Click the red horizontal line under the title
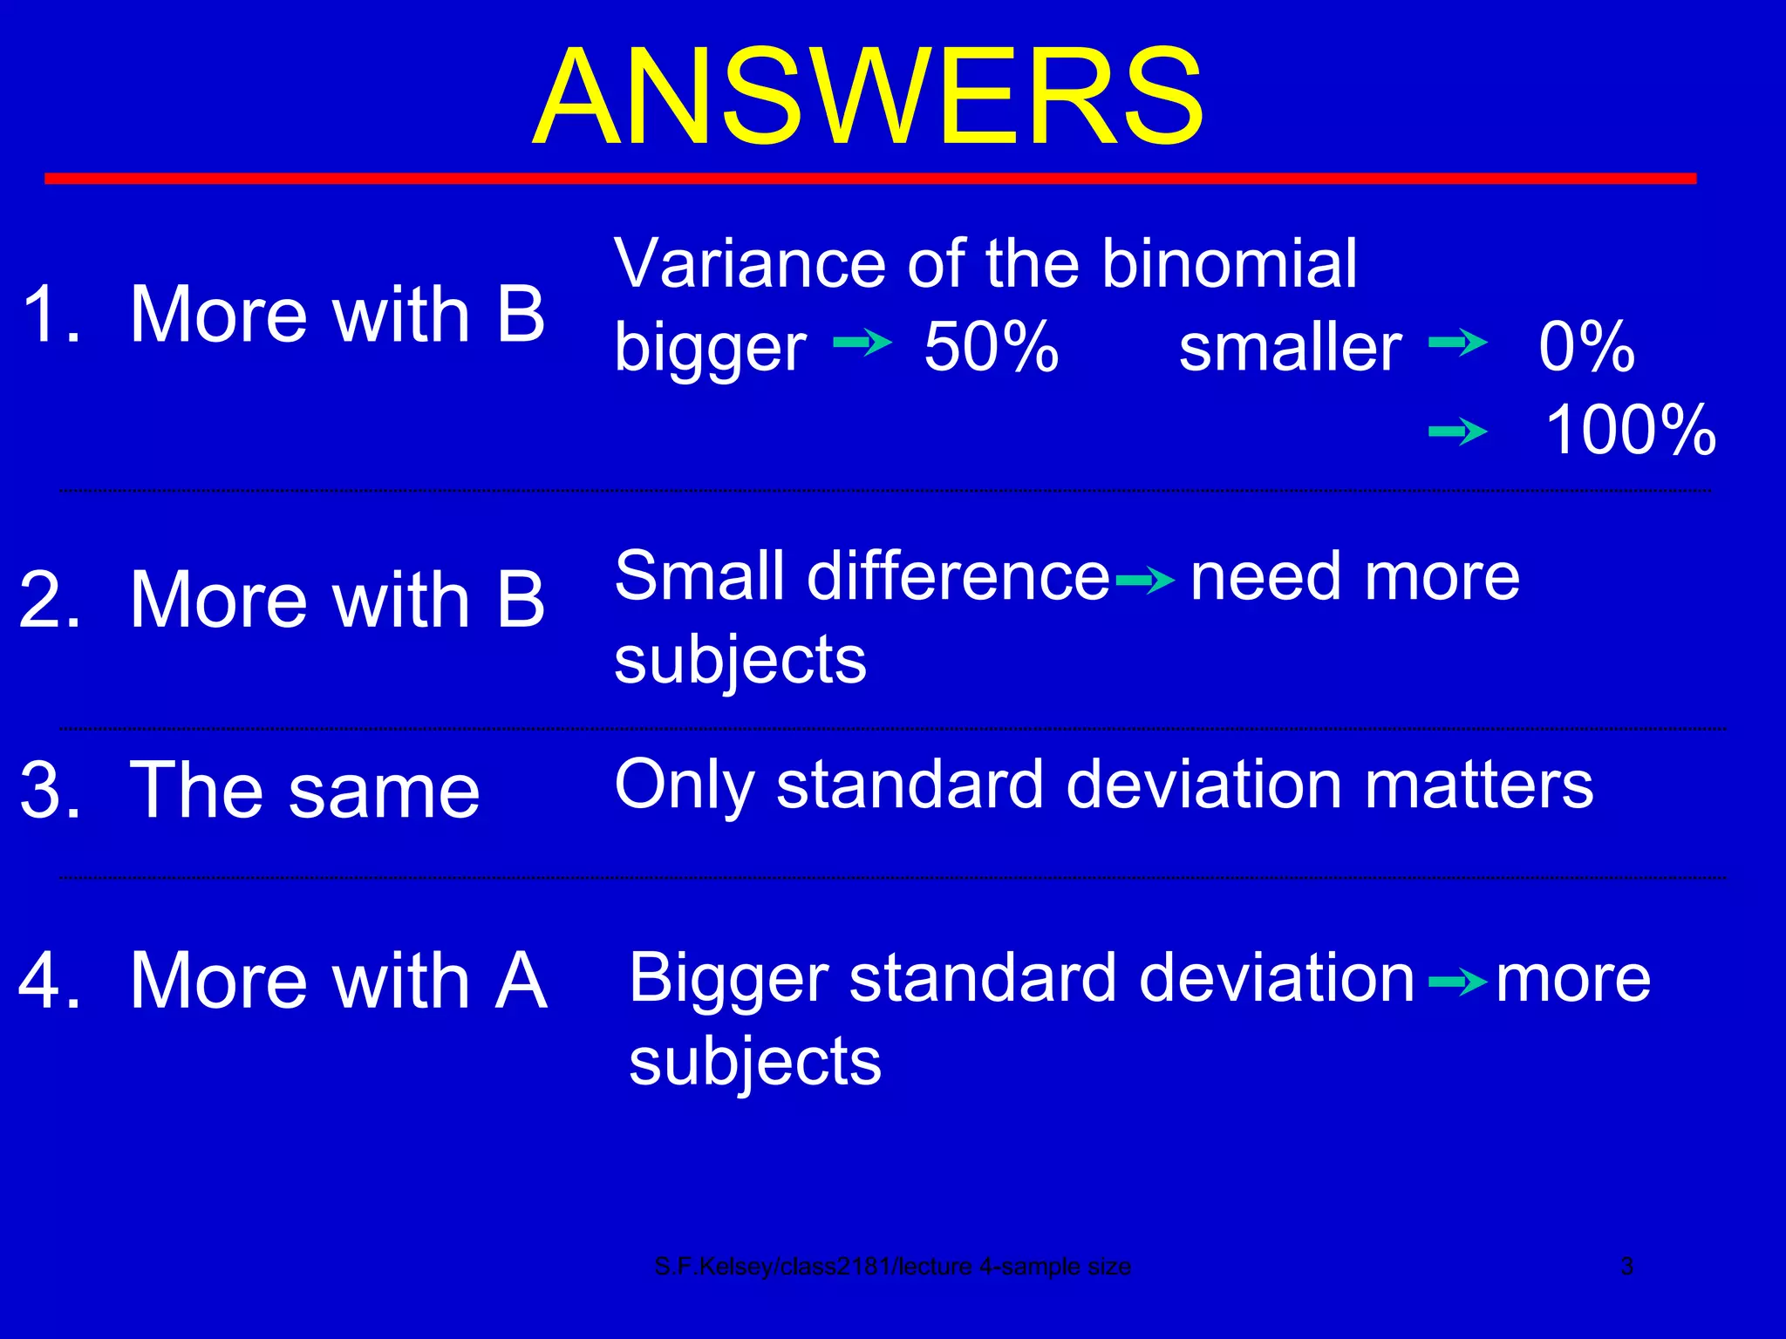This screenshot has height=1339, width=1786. tap(869, 179)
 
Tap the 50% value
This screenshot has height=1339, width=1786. tap(992, 347)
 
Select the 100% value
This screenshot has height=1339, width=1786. tap(1630, 430)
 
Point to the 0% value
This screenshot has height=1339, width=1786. tap(1586, 347)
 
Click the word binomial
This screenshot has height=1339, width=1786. tap(1229, 263)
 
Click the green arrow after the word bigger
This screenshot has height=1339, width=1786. tap(862, 343)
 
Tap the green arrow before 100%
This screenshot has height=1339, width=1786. tap(1457, 431)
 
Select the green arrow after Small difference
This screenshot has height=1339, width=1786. tap(1145, 580)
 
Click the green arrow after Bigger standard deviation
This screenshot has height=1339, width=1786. tap(1457, 983)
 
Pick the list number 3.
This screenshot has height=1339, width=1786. tap(50, 790)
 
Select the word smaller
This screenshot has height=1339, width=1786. tap(1290, 347)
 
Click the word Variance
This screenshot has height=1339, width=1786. tap(751, 263)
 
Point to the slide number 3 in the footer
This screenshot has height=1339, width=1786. tap(1626, 1266)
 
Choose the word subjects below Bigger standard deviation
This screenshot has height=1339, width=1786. tap(754, 1062)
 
